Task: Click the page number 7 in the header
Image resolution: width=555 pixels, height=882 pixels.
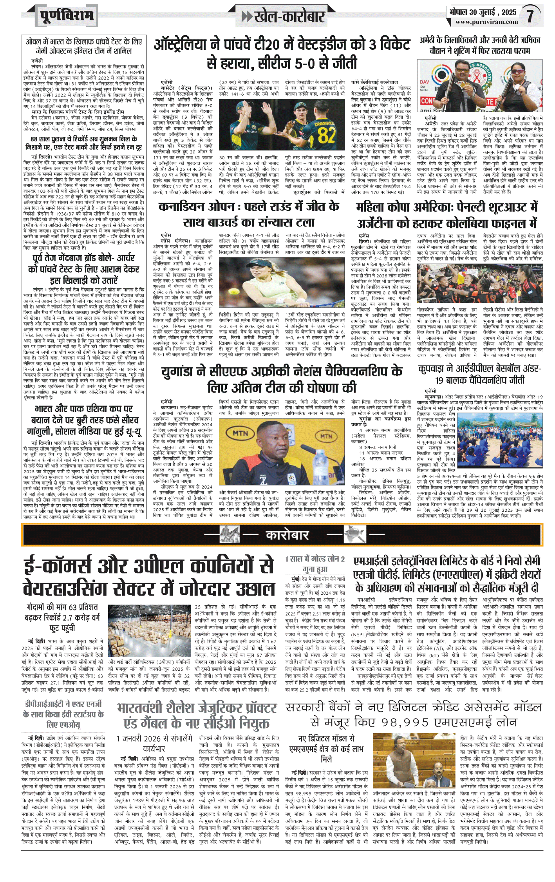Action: click(530, 16)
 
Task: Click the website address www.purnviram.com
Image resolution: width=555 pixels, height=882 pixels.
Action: click(486, 22)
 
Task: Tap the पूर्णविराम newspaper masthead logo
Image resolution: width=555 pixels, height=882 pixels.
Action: click(67, 16)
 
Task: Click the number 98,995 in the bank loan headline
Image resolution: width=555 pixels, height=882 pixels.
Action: click(414, 722)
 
